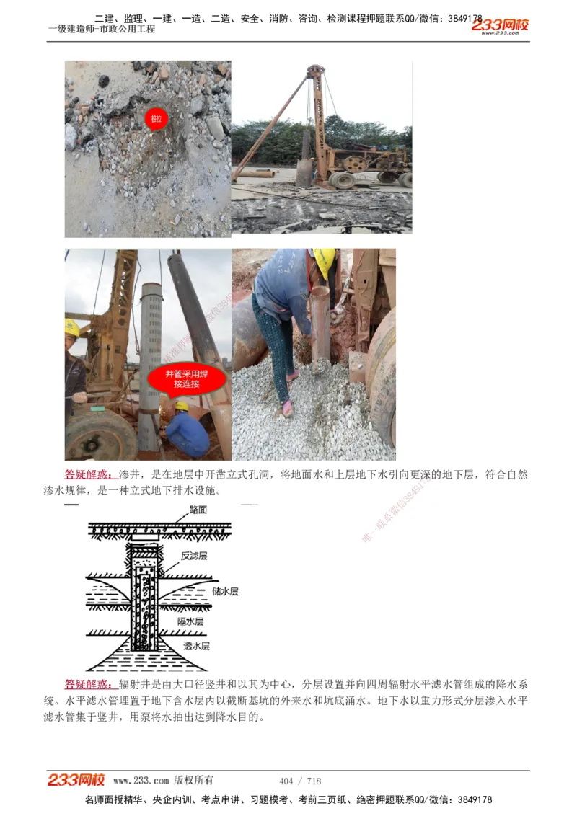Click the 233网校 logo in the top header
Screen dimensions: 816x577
pos(500,25)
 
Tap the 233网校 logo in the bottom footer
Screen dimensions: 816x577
pos(76,780)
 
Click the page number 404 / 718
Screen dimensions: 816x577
pos(299,781)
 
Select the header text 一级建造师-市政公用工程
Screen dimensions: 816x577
pos(102,30)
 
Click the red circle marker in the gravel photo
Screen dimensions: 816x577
pos(155,118)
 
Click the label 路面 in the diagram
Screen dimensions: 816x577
pos(198,509)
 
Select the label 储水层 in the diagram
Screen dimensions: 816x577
pos(225,591)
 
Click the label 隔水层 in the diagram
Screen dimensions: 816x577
pos(190,621)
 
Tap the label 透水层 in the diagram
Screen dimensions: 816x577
pos(195,646)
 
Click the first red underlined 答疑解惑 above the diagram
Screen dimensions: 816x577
pos(89,474)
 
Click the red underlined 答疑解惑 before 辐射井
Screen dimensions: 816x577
pos(89,684)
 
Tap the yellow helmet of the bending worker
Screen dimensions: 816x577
pos(324,260)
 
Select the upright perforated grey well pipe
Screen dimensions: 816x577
pos(150,360)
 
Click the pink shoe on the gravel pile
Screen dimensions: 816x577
pos(288,409)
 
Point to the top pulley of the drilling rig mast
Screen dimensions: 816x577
pos(314,70)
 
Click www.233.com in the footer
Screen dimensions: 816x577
pos(141,781)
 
